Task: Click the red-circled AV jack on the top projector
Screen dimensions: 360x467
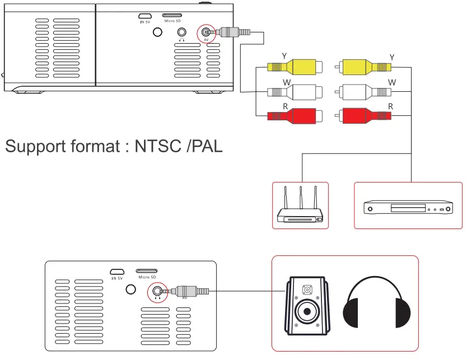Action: coord(207,34)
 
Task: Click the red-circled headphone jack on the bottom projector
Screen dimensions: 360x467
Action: coord(157,291)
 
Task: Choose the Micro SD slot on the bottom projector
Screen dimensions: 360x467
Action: coord(146,271)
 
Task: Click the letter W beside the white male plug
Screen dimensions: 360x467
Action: coord(392,82)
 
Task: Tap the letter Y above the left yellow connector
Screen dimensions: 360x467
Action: coord(284,55)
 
